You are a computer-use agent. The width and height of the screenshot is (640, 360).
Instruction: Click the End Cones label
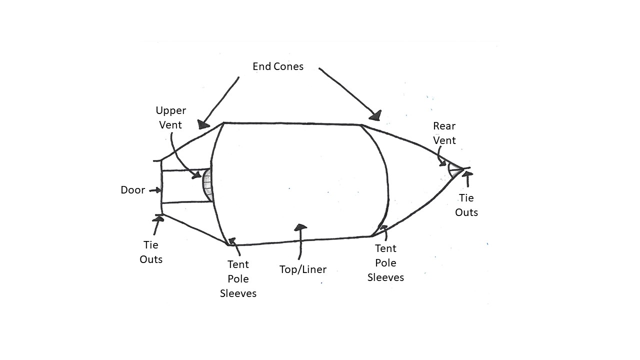point(277,66)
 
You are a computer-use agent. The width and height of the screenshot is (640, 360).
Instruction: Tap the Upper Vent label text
point(170,117)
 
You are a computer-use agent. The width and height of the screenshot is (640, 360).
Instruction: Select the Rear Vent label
point(444,133)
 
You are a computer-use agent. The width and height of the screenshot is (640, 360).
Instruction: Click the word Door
point(132,190)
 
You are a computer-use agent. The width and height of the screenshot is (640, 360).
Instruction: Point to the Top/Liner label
point(302,269)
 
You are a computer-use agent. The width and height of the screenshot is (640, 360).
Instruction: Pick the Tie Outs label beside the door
point(151,252)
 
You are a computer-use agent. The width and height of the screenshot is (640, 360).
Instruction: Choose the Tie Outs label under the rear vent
point(466,205)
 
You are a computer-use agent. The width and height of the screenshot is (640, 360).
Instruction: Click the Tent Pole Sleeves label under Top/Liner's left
point(238,278)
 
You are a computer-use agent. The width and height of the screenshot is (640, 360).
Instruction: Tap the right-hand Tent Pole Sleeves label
point(385,262)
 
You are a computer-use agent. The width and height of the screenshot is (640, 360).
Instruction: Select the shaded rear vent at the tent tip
point(454,169)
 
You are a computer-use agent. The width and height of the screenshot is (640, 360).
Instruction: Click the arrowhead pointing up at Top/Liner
point(300,227)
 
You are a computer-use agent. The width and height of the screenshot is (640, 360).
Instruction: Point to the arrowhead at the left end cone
point(203,124)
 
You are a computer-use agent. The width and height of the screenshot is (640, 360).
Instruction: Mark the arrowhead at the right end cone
point(375,115)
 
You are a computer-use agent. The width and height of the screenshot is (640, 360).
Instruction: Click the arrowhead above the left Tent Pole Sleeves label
point(232,241)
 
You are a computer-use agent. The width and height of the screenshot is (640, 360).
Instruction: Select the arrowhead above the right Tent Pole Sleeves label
point(383,229)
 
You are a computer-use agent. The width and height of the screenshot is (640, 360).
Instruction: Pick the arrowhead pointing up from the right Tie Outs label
point(467,174)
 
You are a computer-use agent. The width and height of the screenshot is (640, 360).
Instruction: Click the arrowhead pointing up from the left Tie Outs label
point(159,219)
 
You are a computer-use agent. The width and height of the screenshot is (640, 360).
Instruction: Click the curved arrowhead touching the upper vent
point(197,175)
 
